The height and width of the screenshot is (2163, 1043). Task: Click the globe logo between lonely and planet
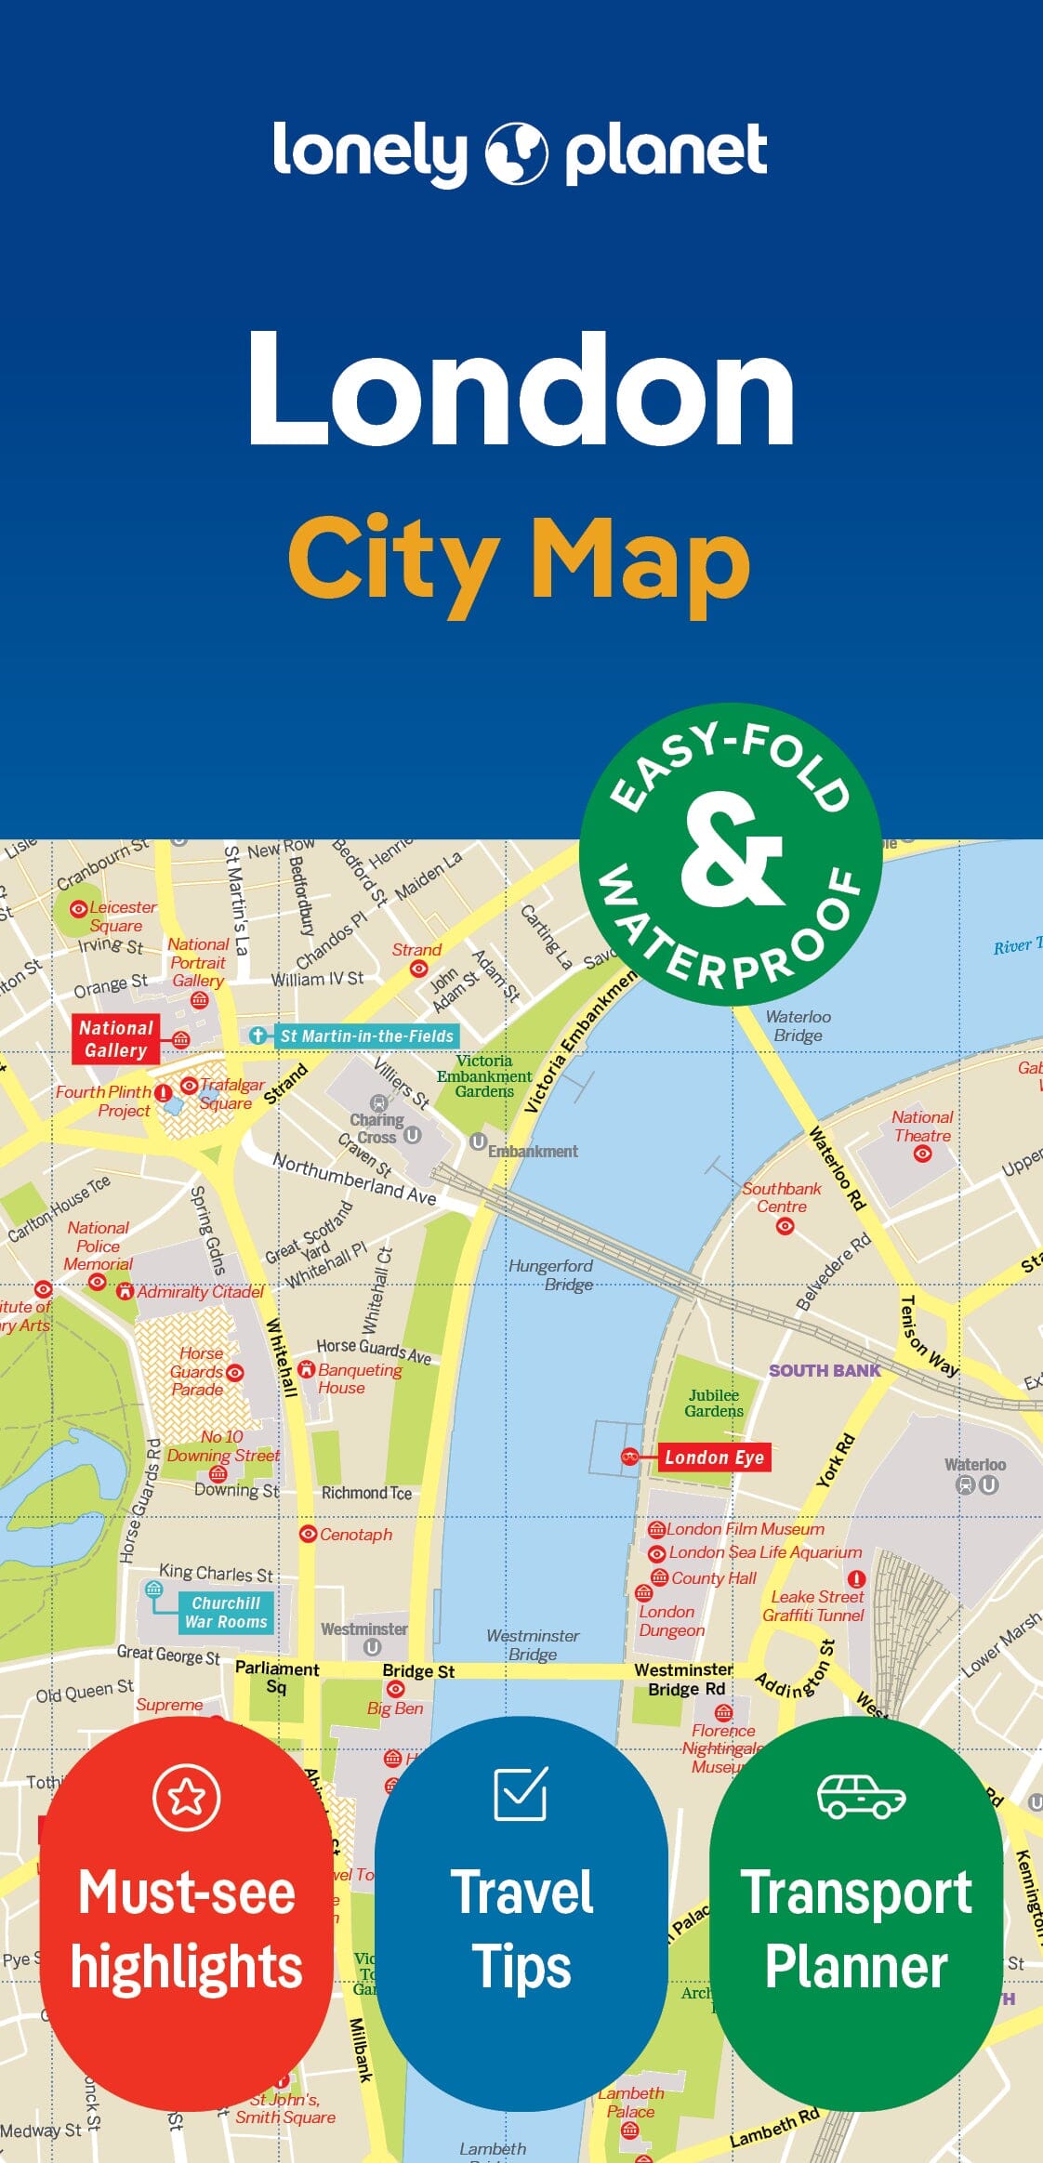pos(516,152)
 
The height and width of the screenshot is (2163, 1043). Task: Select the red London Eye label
pos(714,1457)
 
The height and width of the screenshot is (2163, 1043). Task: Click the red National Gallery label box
pos(115,1039)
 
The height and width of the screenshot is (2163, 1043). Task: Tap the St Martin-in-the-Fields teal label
pos(366,1035)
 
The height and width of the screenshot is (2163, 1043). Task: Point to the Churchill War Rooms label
pos(225,1612)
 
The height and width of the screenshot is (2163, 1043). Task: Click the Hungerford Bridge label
pos(550,1274)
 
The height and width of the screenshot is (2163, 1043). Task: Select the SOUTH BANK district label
pos(824,1370)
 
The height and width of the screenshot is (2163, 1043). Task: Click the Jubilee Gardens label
pos(714,1403)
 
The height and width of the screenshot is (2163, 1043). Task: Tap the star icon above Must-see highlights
pos(186,1797)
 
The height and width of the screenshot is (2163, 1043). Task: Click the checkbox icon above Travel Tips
pos(521,1793)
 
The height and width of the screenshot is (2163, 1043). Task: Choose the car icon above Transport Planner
pos(861,1796)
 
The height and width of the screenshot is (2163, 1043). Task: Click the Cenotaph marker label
pos(355,1534)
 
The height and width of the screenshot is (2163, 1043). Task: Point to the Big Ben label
pos(395,1708)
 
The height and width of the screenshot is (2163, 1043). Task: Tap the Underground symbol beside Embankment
pos(478,1141)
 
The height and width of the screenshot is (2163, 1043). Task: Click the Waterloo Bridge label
pos(798,1025)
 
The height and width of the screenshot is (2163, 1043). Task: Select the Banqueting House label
pos(359,1378)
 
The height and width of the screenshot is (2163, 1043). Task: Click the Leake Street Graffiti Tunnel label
pos(814,1605)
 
